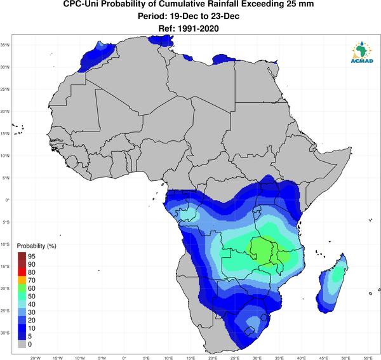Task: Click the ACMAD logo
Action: click(x=362, y=52)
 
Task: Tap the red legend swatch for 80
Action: click(x=22, y=272)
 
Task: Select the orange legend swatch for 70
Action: click(x=22, y=280)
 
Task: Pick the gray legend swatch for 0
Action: click(x=22, y=344)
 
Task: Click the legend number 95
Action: click(x=32, y=256)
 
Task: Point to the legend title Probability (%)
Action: click(x=36, y=246)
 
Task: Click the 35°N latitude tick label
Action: click(x=5, y=45)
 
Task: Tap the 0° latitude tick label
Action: click(x=7, y=200)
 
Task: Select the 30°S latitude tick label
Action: click(x=5, y=333)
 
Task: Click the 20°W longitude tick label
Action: click(x=36, y=358)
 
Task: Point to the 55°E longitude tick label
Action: click(x=368, y=358)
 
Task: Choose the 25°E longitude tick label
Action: click(x=235, y=358)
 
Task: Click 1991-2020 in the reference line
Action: click(x=198, y=29)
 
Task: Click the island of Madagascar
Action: click(x=332, y=283)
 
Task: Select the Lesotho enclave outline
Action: click(x=249, y=331)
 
